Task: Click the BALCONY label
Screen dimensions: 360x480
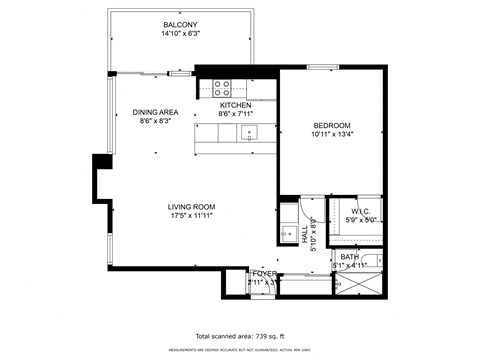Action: click(180, 25)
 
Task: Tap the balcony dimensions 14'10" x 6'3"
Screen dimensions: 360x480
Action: click(180, 35)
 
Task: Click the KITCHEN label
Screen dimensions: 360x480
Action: click(235, 105)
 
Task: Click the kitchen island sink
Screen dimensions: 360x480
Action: click(250, 132)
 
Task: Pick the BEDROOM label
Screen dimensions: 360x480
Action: click(331, 125)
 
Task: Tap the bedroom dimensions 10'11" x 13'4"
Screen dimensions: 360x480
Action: click(331, 135)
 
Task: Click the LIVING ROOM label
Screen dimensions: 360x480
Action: click(191, 206)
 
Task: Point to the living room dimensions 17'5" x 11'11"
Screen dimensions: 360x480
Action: click(191, 216)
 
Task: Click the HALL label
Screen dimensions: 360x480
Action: click(304, 235)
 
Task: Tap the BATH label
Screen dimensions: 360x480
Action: click(349, 257)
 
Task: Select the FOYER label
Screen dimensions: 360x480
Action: click(263, 273)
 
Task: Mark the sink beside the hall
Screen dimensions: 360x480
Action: click(288, 222)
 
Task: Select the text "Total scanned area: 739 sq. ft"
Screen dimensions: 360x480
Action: click(240, 336)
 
